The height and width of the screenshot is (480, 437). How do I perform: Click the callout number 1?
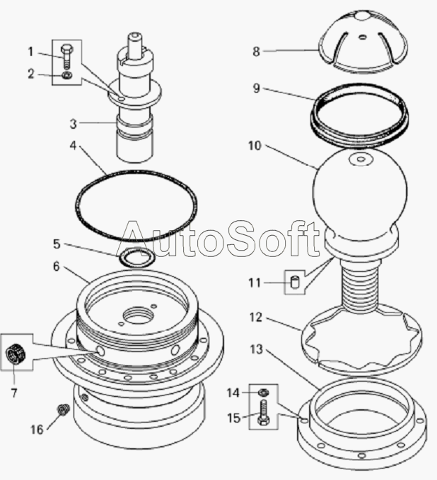coord(30,52)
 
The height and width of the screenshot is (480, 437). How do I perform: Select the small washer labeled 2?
coord(66,75)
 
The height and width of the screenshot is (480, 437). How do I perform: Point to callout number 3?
coord(73,125)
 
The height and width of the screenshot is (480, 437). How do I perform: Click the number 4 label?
coord(73,145)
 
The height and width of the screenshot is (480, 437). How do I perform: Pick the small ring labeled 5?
coord(136,257)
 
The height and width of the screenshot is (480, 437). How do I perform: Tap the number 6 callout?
coord(57,266)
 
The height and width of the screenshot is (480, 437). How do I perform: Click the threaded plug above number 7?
coord(16,355)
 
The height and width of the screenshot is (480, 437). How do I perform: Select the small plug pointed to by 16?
coord(64,410)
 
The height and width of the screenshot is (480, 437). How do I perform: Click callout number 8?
coord(256,52)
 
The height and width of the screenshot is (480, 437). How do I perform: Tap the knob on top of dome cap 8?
coord(363,16)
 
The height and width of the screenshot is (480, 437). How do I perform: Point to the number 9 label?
coord(256,88)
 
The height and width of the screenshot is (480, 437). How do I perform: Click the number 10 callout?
coord(255,146)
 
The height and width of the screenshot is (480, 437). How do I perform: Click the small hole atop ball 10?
coord(361,159)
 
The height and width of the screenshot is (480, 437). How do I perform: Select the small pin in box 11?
coord(294,282)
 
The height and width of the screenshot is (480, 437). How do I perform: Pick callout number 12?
coord(256,317)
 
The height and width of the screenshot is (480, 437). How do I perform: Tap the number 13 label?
coord(256,349)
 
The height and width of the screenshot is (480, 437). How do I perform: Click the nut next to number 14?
coord(263,392)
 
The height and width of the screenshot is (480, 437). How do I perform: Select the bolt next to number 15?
coord(263,413)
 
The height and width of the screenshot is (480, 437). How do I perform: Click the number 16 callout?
coord(37,430)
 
